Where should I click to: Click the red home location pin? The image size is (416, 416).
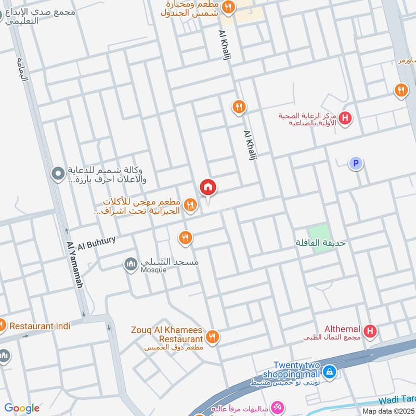click(208, 188)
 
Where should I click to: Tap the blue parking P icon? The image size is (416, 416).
click(356, 164)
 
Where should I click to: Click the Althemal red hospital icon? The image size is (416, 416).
click(370, 331)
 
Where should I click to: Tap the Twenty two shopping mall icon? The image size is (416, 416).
click(329, 372)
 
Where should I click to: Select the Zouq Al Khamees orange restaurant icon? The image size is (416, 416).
click(212, 337)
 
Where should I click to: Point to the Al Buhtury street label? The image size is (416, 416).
click(97, 242)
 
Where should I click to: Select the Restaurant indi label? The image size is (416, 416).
click(40, 326)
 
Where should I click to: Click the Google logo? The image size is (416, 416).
click(22, 408)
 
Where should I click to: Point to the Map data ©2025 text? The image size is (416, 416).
click(388, 411)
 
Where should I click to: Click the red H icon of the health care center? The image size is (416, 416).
click(344, 119)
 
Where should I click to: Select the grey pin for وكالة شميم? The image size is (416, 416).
click(58, 172)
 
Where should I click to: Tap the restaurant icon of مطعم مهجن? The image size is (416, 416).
click(190, 205)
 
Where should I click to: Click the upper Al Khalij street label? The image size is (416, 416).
click(224, 47)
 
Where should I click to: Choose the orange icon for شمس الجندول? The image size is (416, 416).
click(228, 7)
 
